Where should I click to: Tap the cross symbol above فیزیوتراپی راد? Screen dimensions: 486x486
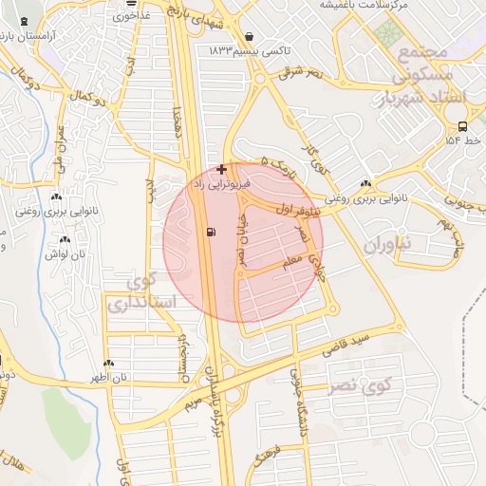pos(222,168)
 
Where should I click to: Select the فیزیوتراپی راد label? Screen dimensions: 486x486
pos(221,180)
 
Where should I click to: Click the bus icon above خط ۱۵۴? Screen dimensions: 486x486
pos(462,126)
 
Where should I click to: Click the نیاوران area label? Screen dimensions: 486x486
pos(390,244)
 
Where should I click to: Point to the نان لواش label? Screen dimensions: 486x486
pos(67,253)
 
